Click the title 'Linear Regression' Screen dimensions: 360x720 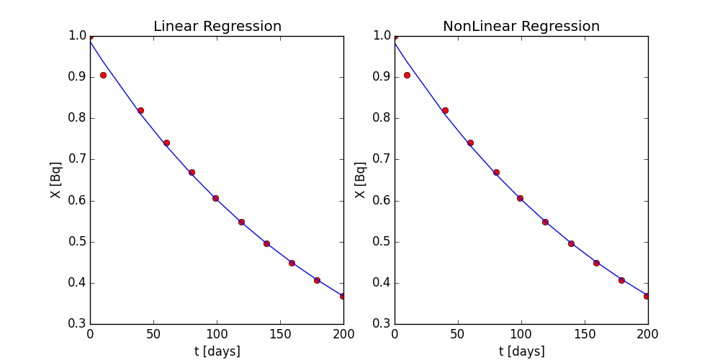pos(217,27)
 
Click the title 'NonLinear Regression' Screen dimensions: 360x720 pos(521,27)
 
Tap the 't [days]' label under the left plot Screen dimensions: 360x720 pos(217,351)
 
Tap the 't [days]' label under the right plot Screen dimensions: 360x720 pos(521,351)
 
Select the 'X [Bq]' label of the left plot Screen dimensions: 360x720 pos(56,179)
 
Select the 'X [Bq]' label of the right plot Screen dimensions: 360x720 pos(361,179)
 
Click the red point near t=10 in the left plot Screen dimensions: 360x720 pos(103,75)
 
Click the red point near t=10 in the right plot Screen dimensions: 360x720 pos(408,75)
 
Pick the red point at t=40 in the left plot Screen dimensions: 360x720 pos(140,110)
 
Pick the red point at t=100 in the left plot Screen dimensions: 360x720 pos(215,198)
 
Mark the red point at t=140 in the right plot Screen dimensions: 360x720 pos(571,243)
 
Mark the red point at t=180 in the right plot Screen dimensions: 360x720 pos(621,280)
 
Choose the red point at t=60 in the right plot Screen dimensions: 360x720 pos(470,143)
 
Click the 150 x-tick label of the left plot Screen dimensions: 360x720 pos(280,335)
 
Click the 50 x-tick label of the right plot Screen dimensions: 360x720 pos(458,335)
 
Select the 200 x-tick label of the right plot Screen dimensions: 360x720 pos(648,335)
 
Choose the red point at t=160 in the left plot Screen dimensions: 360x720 pos(292,263)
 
